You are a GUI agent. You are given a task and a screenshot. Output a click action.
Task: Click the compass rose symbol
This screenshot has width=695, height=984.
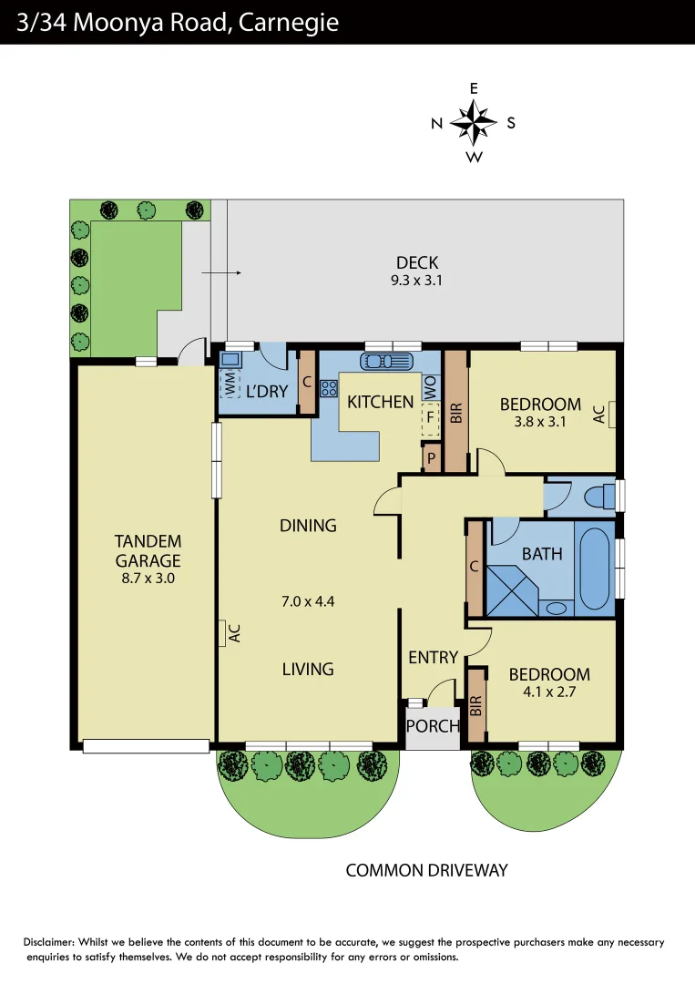pos(474,123)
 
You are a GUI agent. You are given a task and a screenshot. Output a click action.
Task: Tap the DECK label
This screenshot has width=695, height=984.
pos(416,263)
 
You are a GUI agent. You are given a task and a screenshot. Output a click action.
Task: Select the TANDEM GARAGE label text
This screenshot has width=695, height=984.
pos(148,550)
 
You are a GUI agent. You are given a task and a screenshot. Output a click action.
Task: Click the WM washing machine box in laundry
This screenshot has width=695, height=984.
pos(230,384)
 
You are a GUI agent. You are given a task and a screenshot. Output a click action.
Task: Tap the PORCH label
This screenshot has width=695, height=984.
pos(433,726)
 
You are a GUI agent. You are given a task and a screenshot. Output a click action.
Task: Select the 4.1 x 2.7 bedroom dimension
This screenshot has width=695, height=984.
pos(548,692)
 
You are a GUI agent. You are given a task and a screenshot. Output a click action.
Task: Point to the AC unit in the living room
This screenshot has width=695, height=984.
pos(223,633)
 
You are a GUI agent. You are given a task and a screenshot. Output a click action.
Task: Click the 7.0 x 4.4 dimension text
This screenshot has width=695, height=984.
pos(308,600)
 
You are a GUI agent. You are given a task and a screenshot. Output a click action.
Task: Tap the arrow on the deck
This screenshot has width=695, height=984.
pos(221,272)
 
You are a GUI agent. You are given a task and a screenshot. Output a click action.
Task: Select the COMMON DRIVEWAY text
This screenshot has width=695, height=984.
pos(426,871)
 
